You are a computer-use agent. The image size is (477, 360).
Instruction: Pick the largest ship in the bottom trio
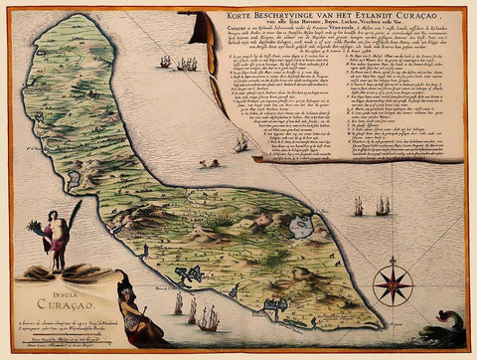[x=207, y=318]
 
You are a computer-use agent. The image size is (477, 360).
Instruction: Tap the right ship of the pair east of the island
[x=382, y=205]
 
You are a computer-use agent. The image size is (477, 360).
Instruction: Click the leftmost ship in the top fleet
[x=164, y=62]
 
